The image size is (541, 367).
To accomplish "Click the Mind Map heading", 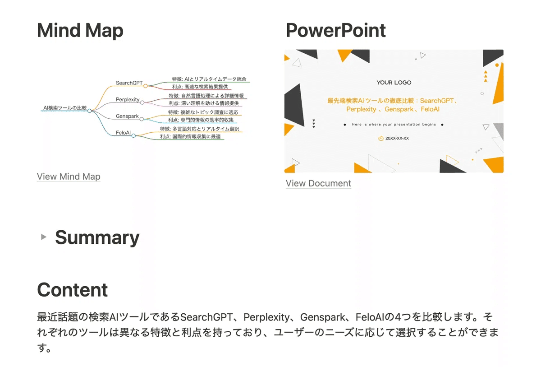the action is [80, 31].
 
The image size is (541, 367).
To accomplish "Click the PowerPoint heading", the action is [336, 30].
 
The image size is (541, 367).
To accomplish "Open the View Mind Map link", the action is [69, 177].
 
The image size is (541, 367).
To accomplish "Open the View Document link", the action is [318, 183].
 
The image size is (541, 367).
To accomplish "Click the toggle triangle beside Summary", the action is [43, 237].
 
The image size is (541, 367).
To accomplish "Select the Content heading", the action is [73, 290].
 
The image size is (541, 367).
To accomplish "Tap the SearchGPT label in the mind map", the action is [129, 83].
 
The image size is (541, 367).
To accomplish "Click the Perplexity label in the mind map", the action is [128, 100].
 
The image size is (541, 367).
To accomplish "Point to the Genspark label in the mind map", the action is [127, 116].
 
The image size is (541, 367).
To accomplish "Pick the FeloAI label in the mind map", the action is [123, 133].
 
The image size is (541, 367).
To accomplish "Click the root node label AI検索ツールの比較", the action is [65, 108].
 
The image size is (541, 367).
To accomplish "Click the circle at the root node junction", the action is [90, 111].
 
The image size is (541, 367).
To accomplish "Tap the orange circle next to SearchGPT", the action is [145, 86].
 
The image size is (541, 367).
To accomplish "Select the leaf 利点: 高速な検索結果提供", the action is [200, 87].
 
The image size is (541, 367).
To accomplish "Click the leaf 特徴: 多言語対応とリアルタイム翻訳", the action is [199, 129].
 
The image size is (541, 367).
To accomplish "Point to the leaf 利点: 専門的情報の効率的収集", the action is [201, 120].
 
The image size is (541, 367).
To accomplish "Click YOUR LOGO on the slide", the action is [394, 83].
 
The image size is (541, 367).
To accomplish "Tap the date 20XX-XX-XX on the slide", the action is [397, 138].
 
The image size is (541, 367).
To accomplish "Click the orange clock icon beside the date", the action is [381, 138].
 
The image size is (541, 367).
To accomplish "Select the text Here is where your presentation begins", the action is [394, 125].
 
